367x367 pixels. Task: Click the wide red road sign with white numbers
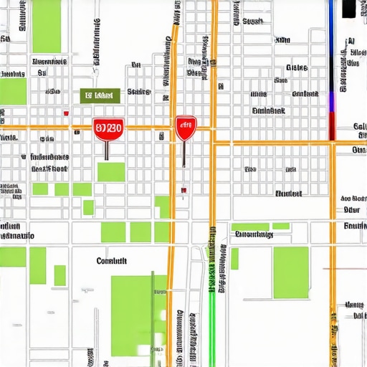click(x=108, y=129)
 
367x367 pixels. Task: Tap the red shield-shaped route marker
click(x=185, y=128)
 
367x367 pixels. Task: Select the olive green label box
click(x=99, y=95)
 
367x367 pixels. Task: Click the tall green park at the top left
click(x=47, y=25)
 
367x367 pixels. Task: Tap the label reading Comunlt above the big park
click(x=111, y=262)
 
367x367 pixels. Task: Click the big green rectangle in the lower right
click(x=290, y=272)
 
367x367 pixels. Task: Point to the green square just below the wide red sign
click(x=111, y=172)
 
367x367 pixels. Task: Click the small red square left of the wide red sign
click(x=66, y=113)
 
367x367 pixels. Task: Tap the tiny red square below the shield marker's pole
click(x=184, y=190)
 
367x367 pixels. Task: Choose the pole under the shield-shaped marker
click(x=184, y=154)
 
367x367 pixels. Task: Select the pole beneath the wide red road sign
click(x=107, y=149)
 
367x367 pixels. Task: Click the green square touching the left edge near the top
click(x=13, y=92)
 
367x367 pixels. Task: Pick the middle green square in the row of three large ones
click(x=140, y=232)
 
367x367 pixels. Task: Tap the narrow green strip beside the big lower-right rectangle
click(x=234, y=259)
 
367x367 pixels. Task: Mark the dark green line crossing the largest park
click(x=152, y=315)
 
